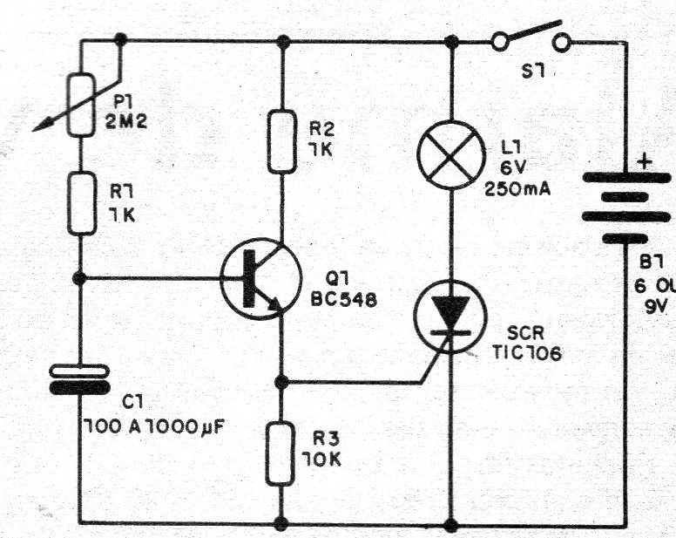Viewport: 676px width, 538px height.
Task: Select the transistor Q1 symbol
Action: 254,279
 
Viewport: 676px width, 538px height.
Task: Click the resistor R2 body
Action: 281,140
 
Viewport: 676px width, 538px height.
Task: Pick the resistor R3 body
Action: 281,453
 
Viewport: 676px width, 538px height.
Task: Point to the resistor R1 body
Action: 81,202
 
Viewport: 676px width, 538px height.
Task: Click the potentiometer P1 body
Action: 81,104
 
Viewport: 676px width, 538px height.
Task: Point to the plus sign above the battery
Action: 646,162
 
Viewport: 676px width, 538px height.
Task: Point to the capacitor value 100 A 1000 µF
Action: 148,429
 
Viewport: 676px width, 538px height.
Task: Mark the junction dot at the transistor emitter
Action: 281,382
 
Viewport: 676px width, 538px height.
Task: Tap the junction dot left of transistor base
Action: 80,277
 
